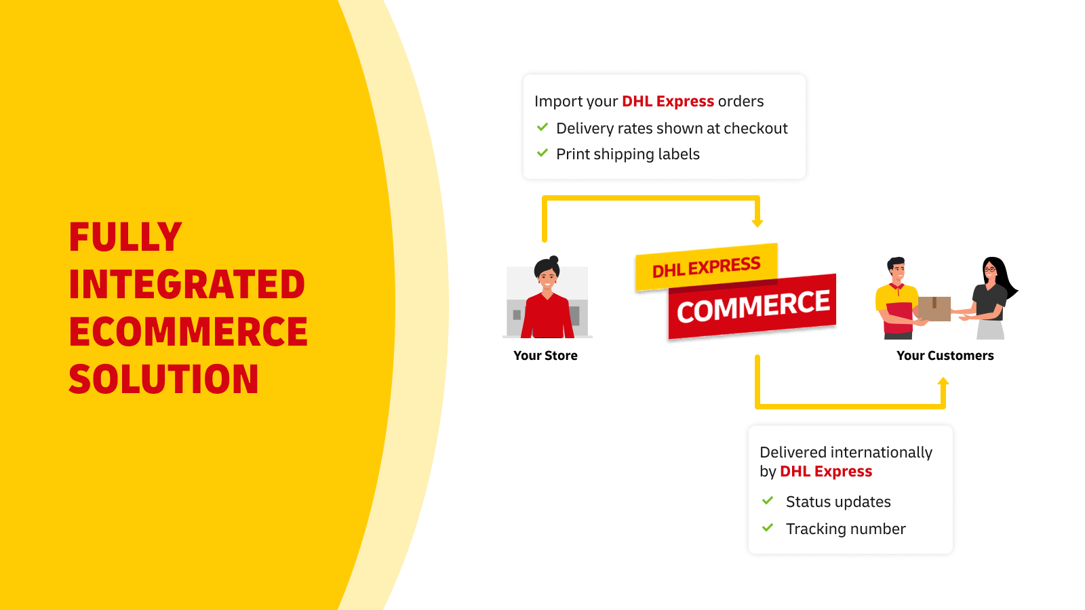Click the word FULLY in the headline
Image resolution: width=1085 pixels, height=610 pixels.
pyautogui.click(x=125, y=237)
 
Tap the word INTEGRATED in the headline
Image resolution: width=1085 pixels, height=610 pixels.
pyautogui.click(x=187, y=284)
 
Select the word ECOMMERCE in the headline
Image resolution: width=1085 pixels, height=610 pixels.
pyautogui.click(x=188, y=331)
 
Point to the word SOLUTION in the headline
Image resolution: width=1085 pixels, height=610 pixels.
pyautogui.click(x=163, y=379)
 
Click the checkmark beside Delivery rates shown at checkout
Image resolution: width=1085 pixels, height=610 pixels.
pyautogui.click(x=542, y=127)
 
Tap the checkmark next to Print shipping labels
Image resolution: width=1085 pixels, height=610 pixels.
pyautogui.click(x=542, y=153)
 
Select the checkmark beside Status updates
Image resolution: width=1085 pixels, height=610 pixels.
pyautogui.click(x=768, y=501)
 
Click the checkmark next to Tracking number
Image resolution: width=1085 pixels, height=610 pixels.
pyautogui.click(x=768, y=528)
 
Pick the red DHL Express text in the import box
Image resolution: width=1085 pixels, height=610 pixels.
pyautogui.click(x=668, y=102)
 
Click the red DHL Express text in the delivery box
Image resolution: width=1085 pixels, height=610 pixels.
pyautogui.click(x=826, y=472)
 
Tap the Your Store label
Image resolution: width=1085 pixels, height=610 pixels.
pyautogui.click(x=545, y=356)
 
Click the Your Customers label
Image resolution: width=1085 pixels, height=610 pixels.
pyautogui.click(x=945, y=356)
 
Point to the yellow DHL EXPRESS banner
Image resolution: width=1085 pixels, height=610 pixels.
pyautogui.click(x=707, y=267)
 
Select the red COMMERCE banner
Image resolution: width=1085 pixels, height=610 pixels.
pyautogui.click(x=752, y=306)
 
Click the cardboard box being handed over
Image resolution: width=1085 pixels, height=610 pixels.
pyautogui.click(x=934, y=309)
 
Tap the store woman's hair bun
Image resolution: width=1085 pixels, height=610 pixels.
pyautogui.click(x=554, y=260)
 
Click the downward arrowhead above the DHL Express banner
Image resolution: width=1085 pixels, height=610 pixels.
pyautogui.click(x=757, y=223)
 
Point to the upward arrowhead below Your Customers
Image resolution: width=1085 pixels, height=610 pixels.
pyautogui.click(x=943, y=382)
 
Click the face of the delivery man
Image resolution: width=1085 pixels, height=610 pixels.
pyautogui.click(x=899, y=272)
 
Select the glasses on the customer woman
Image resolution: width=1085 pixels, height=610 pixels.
pyautogui.click(x=989, y=270)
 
